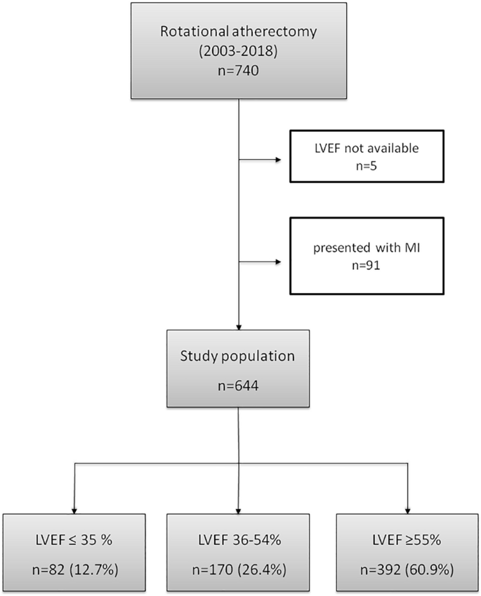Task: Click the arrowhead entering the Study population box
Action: (239, 327)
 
